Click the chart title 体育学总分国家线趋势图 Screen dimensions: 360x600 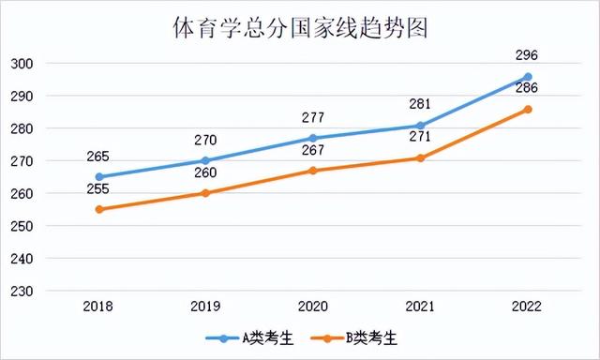pyautogui.click(x=300, y=27)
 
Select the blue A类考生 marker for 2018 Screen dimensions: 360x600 pyautogui.click(x=99, y=176)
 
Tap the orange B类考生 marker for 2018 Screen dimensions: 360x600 pyautogui.click(x=99, y=209)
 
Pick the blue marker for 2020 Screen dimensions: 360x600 pyautogui.click(x=313, y=138)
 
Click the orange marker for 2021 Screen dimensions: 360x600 pyautogui.click(x=420, y=157)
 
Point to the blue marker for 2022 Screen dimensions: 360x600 pyautogui.click(x=527, y=77)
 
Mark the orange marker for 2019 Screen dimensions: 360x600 pyautogui.click(x=206, y=193)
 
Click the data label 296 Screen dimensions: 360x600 pyautogui.click(x=527, y=54)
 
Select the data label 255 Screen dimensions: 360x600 pyautogui.click(x=97, y=189)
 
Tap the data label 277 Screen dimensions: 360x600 pyautogui.click(x=312, y=117)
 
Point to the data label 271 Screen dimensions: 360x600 pyautogui.click(x=419, y=137)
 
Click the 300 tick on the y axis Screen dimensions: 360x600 pyautogui.click(x=22, y=64)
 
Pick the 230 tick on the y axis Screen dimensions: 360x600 pyautogui.click(x=22, y=292)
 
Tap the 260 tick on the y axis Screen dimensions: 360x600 pyautogui.click(x=22, y=194)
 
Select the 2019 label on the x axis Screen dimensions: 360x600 pyautogui.click(x=206, y=307)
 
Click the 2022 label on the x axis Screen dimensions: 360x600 pyautogui.click(x=527, y=307)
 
